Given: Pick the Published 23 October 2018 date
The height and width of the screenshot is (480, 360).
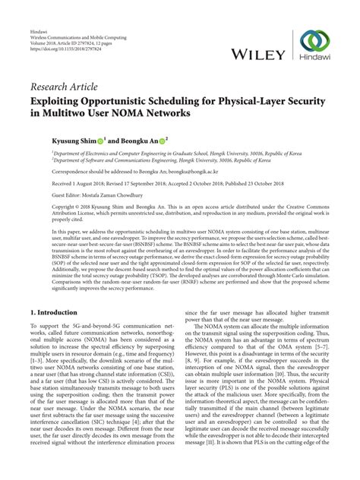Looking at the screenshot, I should pyautogui.click(x=263, y=184).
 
